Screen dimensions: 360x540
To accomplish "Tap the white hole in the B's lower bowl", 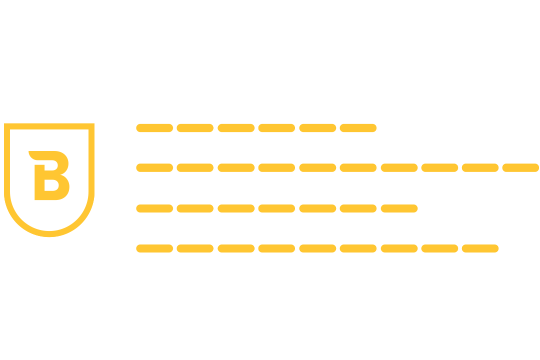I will click(x=51, y=185).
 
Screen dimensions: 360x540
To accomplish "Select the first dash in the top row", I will click(x=154, y=128).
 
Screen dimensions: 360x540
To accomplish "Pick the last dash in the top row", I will click(x=358, y=128).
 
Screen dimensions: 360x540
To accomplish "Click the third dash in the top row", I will click(x=236, y=128).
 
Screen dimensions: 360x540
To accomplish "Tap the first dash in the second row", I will click(x=154, y=167).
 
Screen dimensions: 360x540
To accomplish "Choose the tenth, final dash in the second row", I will click(x=520, y=167).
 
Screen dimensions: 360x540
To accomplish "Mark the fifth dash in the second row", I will click(x=317, y=167).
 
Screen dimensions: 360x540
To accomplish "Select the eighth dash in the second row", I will click(x=439, y=167).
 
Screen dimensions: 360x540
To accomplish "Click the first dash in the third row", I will click(x=154, y=208).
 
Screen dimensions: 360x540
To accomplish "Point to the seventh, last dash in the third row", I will click(x=399, y=208).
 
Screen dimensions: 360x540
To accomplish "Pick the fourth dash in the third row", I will click(x=276, y=208).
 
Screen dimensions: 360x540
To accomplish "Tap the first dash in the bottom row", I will click(x=154, y=248).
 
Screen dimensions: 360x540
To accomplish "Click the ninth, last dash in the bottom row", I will click(x=480, y=248).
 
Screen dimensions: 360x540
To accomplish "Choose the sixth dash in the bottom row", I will click(x=358, y=248).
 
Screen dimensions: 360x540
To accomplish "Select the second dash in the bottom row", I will click(x=195, y=248).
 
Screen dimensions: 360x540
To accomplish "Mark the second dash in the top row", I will click(x=195, y=128).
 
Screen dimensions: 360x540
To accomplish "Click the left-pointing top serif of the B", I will click(x=33, y=154).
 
